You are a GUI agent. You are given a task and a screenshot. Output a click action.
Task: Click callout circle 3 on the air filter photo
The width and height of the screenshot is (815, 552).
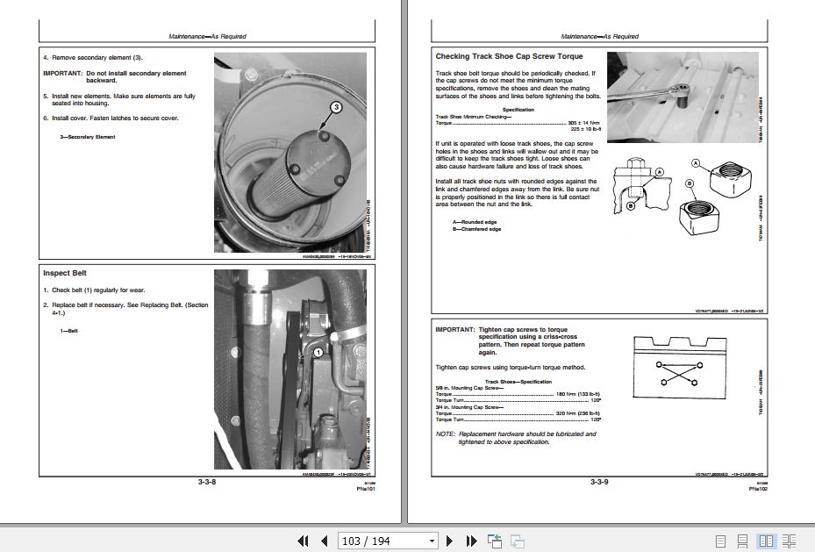pyautogui.click(x=334, y=108)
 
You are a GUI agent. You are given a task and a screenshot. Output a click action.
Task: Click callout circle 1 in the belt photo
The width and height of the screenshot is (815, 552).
pyautogui.click(x=318, y=351)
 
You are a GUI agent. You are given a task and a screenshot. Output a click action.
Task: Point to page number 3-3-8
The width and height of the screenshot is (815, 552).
pyautogui.click(x=208, y=482)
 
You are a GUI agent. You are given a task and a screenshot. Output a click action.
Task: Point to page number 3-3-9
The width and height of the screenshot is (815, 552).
pyautogui.click(x=599, y=482)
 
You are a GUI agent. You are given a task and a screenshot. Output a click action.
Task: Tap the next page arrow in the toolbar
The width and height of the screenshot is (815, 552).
pyautogui.click(x=450, y=541)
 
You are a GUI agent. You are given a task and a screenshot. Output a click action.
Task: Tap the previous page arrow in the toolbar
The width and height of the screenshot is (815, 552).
pyautogui.click(x=324, y=541)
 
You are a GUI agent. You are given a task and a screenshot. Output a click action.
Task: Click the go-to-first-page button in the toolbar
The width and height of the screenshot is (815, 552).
pyautogui.click(x=303, y=541)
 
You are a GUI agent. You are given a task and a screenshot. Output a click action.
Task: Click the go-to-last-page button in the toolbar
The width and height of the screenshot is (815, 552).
pyautogui.click(x=471, y=541)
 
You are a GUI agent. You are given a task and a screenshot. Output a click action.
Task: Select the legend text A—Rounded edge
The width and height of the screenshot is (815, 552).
pyautogui.click(x=475, y=222)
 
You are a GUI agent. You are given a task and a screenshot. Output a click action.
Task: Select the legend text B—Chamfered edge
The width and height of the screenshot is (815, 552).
pyautogui.click(x=476, y=229)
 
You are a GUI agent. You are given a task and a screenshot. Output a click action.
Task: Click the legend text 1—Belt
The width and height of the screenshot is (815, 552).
pyautogui.click(x=68, y=331)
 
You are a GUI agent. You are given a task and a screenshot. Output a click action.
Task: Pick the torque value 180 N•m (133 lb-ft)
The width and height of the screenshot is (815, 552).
pyautogui.click(x=577, y=394)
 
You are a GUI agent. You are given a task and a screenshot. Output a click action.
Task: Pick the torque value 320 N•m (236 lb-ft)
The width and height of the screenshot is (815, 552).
pyautogui.click(x=577, y=412)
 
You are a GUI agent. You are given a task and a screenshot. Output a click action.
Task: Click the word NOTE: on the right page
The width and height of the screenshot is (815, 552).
pyautogui.click(x=446, y=434)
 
